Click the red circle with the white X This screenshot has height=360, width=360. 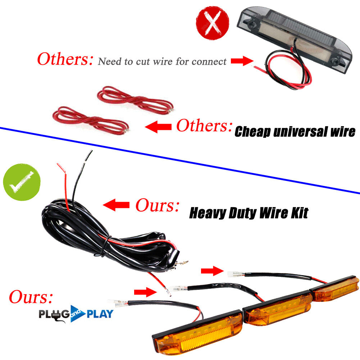coord(213,23)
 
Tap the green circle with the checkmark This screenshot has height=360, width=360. coord(22,182)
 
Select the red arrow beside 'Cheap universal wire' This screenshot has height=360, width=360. coord(158,127)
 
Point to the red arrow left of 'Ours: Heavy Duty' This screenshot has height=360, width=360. coord(116,205)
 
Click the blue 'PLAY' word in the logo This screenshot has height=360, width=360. coord(100,314)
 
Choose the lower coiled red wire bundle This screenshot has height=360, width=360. coord(91,120)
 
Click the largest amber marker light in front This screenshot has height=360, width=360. coord(197,332)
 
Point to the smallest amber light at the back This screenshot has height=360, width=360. coord(334,288)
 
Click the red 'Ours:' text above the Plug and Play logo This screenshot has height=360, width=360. coord(31,297)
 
